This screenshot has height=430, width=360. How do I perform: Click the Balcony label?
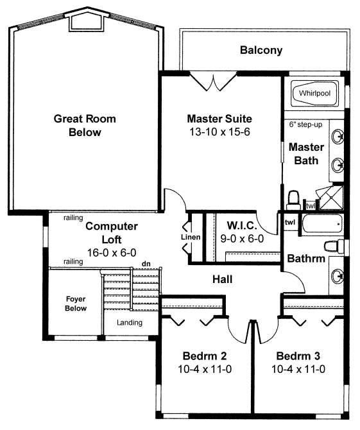tap(261, 51)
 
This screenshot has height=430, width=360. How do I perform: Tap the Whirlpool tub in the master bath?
tap(314, 93)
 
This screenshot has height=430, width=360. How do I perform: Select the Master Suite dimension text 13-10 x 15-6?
tap(219, 132)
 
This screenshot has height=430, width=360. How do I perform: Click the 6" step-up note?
tap(305, 125)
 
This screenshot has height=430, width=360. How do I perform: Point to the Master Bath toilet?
tap(293, 200)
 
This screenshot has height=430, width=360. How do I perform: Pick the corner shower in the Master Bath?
tap(330, 198)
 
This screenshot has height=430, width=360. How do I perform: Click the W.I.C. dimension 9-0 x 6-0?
tap(242, 239)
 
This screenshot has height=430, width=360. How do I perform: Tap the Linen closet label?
tap(191, 237)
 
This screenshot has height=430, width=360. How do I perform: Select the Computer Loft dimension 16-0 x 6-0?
tap(112, 253)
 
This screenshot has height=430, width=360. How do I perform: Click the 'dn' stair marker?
tap(146, 264)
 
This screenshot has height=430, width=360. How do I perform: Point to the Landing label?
tap(130, 322)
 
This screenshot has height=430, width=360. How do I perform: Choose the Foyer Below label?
tap(76, 304)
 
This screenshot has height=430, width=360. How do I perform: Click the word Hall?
tap(223, 279)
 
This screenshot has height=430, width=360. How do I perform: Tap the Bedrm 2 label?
tap(205, 356)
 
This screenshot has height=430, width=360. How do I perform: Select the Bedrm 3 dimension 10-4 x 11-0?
tap(298, 369)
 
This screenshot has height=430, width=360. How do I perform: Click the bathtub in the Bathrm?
tap(322, 224)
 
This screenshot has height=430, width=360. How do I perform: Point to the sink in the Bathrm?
tap(337, 276)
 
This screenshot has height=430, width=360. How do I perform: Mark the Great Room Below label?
tap(85, 125)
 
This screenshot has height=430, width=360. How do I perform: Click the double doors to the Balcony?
tap(214, 81)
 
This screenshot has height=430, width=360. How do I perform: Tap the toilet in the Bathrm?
tap(334, 246)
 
